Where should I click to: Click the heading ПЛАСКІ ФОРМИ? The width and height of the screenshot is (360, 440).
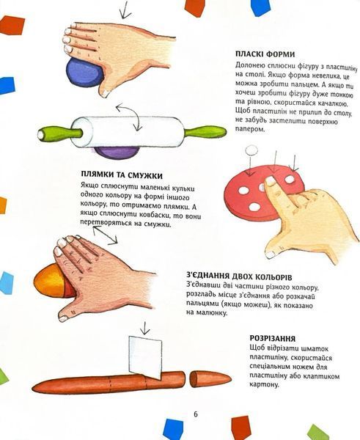(265, 54)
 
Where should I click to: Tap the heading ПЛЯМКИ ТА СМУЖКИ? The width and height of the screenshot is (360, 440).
(122, 175)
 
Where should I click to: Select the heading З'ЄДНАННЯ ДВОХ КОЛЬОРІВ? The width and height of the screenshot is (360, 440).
(239, 276)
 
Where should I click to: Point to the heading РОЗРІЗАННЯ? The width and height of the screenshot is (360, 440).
(273, 338)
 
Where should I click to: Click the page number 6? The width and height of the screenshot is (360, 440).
(196, 414)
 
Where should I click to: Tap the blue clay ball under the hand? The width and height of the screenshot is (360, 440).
(84, 73)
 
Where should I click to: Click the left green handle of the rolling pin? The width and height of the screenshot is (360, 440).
(60, 133)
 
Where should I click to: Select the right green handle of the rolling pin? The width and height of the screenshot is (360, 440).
(205, 131)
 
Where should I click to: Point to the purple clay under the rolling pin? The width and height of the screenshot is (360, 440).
(116, 153)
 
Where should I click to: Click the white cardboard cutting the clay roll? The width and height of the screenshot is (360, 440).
(145, 357)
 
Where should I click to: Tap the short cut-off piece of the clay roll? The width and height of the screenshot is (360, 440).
(210, 378)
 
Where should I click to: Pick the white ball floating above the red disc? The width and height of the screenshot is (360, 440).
(251, 150)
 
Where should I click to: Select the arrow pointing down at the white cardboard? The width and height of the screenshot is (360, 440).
(144, 328)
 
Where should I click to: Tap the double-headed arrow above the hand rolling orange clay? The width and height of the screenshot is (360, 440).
(105, 235)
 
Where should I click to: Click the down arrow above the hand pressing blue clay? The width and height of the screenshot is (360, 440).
(125, 10)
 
